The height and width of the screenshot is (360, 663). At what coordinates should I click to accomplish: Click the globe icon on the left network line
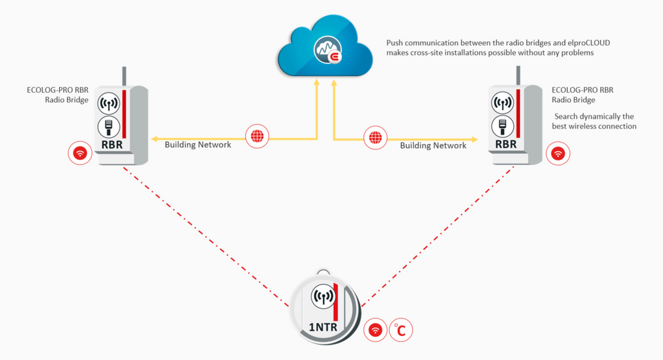[256, 137]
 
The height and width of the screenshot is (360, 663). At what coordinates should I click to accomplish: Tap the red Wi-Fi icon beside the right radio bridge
[558, 154]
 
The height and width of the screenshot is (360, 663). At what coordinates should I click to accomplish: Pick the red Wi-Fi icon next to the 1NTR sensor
[375, 329]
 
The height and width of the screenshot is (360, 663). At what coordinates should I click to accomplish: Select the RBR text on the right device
[505, 145]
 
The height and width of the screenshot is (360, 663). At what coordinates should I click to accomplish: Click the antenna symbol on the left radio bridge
[108, 103]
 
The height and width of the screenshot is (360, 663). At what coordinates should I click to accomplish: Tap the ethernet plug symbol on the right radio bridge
[503, 125]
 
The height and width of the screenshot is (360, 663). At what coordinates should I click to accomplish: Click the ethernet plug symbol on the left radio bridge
[108, 125]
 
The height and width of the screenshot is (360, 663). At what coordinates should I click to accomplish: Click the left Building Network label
[198, 144]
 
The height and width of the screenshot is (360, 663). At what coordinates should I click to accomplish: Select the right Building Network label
[433, 145]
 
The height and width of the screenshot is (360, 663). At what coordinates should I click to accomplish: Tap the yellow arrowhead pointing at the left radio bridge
[154, 137]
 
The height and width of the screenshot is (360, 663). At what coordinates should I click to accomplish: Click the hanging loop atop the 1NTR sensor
[323, 272]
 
